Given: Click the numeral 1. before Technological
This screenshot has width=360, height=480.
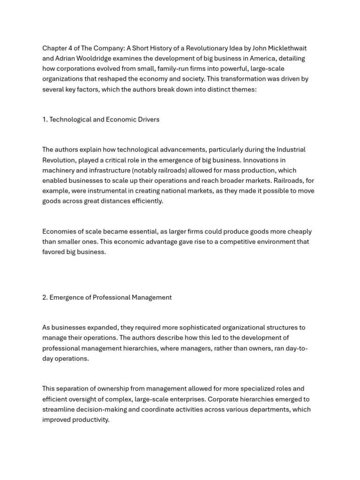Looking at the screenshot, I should (x=45, y=120).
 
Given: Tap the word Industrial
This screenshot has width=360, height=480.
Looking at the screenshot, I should (x=288, y=150).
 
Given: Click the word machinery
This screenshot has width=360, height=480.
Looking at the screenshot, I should (x=58, y=171).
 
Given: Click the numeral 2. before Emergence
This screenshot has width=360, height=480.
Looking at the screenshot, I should (x=45, y=298).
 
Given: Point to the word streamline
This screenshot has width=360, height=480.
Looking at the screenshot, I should (x=59, y=410).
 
